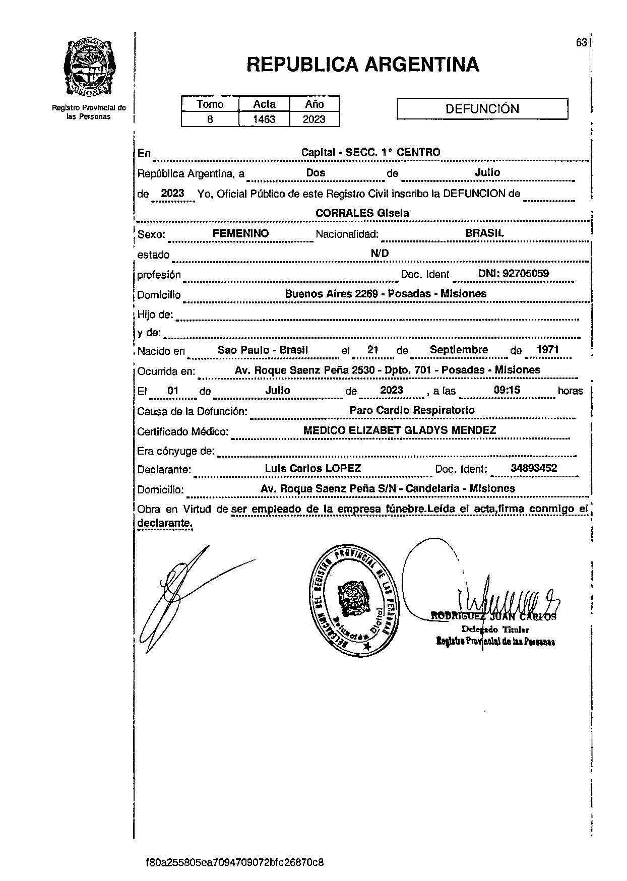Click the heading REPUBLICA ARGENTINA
click(x=363, y=65)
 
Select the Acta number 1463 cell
click(x=264, y=119)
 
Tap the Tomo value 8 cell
click(x=210, y=119)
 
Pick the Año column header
click(x=314, y=104)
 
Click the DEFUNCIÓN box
click(x=482, y=109)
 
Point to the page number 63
click(x=581, y=43)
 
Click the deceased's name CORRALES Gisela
click(x=362, y=213)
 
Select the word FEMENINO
click(x=240, y=234)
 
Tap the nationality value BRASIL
click(x=484, y=233)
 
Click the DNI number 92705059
click(x=513, y=274)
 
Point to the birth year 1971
click(x=547, y=350)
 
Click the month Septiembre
click(x=459, y=350)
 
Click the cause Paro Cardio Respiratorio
click(x=412, y=410)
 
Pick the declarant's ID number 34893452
click(x=534, y=468)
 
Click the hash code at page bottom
click(x=234, y=862)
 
